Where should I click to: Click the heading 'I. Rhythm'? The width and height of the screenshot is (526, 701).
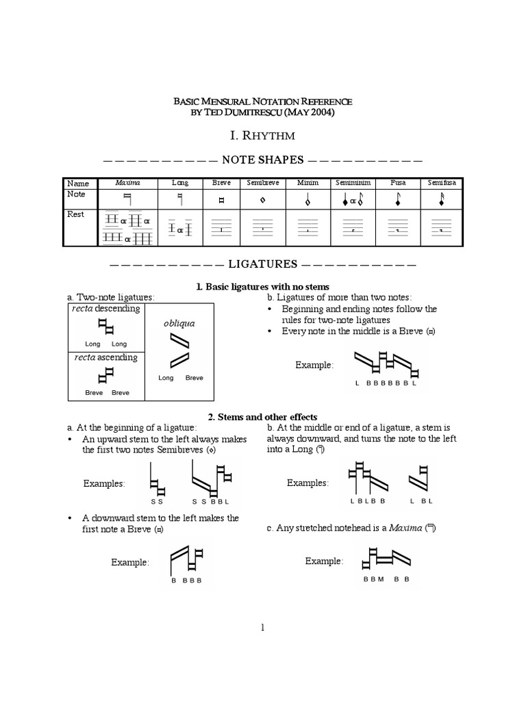262,137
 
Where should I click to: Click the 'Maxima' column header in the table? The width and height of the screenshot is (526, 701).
127,183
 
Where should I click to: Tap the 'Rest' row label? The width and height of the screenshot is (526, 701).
76,214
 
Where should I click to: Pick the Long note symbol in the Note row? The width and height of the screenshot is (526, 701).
181,200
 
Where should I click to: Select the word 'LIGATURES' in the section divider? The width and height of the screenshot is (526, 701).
262,264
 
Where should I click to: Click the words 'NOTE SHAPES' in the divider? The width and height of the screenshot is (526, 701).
262,160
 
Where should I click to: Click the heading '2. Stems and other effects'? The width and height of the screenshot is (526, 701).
262,417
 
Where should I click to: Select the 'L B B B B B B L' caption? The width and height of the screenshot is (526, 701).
386,383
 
